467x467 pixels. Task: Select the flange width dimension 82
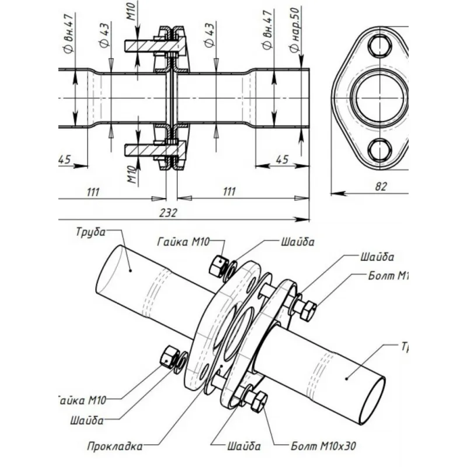point(381,186)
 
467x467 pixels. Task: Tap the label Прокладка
point(114,447)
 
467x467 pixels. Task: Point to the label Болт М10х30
point(323,447)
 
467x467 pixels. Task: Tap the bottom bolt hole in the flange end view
point(380,149)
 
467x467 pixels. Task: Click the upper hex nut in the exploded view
point(218,263)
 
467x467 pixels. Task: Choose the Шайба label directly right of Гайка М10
point(300,241)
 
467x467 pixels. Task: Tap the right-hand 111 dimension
point(229,191)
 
